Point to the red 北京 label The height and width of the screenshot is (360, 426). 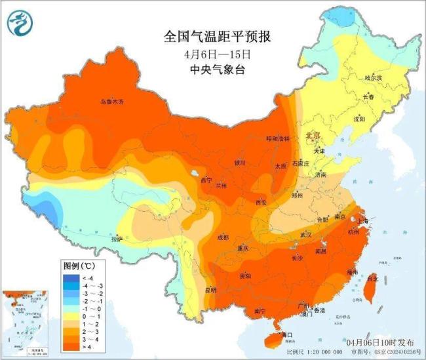click(313, 136)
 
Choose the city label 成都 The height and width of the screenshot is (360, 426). click(223, 237)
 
